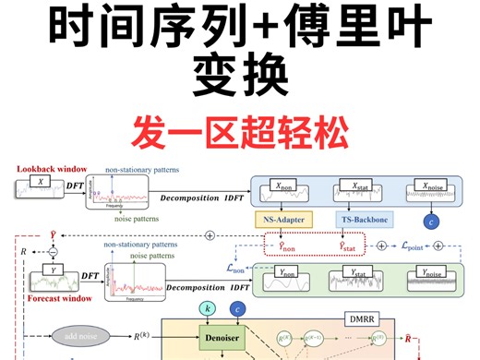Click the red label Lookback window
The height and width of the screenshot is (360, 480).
click(x=52, y=170)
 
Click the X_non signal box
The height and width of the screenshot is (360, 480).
click(x=282, y=191)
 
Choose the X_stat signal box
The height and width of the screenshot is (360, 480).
click(x=356, y=191)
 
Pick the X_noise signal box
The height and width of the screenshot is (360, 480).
click(x=433, y=191)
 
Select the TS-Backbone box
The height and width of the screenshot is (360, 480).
click(x=356, y=221)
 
